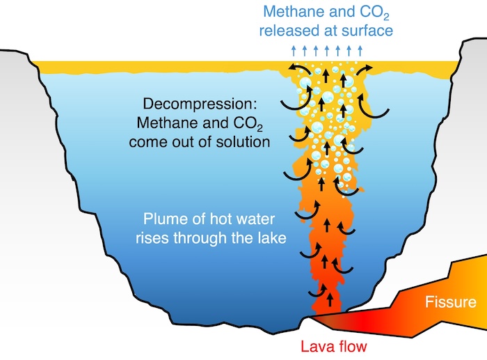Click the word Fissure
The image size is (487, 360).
(x=450, y=302)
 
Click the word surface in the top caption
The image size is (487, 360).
(x=366, y=30)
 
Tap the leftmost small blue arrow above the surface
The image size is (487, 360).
(x=294, y=51)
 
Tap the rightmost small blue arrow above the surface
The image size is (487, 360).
(x=360, y=51)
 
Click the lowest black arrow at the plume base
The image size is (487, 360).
(x=329, y=300)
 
